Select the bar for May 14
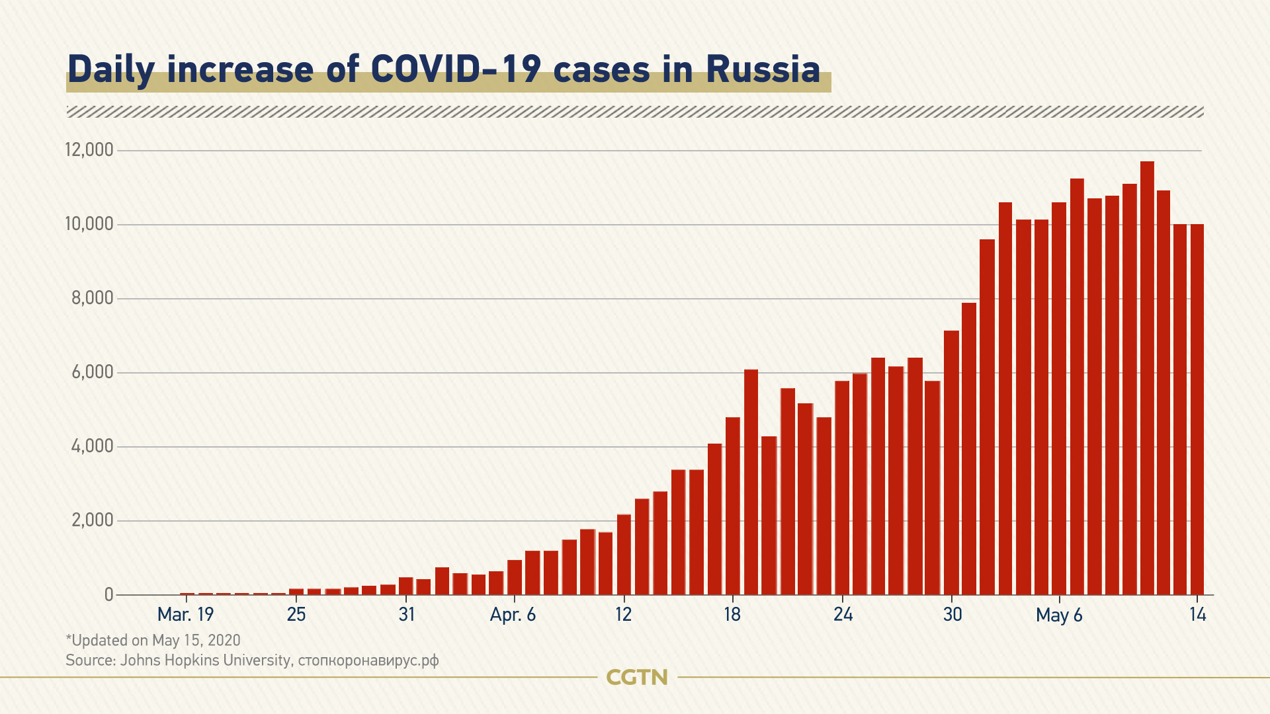coord(1197,410)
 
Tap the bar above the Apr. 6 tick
coord(515,578)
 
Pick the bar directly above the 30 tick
coord(951,463)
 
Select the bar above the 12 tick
coord(624,555)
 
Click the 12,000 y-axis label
coord(89,150)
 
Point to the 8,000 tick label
coord(93,298)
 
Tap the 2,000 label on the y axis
coord(93,520)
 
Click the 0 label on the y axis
coord(109,594)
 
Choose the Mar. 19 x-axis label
coord(186,615)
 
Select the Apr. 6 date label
coord(513,615)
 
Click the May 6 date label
coord(1059,615)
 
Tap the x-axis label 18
coord(732,615)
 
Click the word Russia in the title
coord(763,69)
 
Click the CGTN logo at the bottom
coord(637,677)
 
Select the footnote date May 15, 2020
coord(196,640)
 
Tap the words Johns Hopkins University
coord(205,660)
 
